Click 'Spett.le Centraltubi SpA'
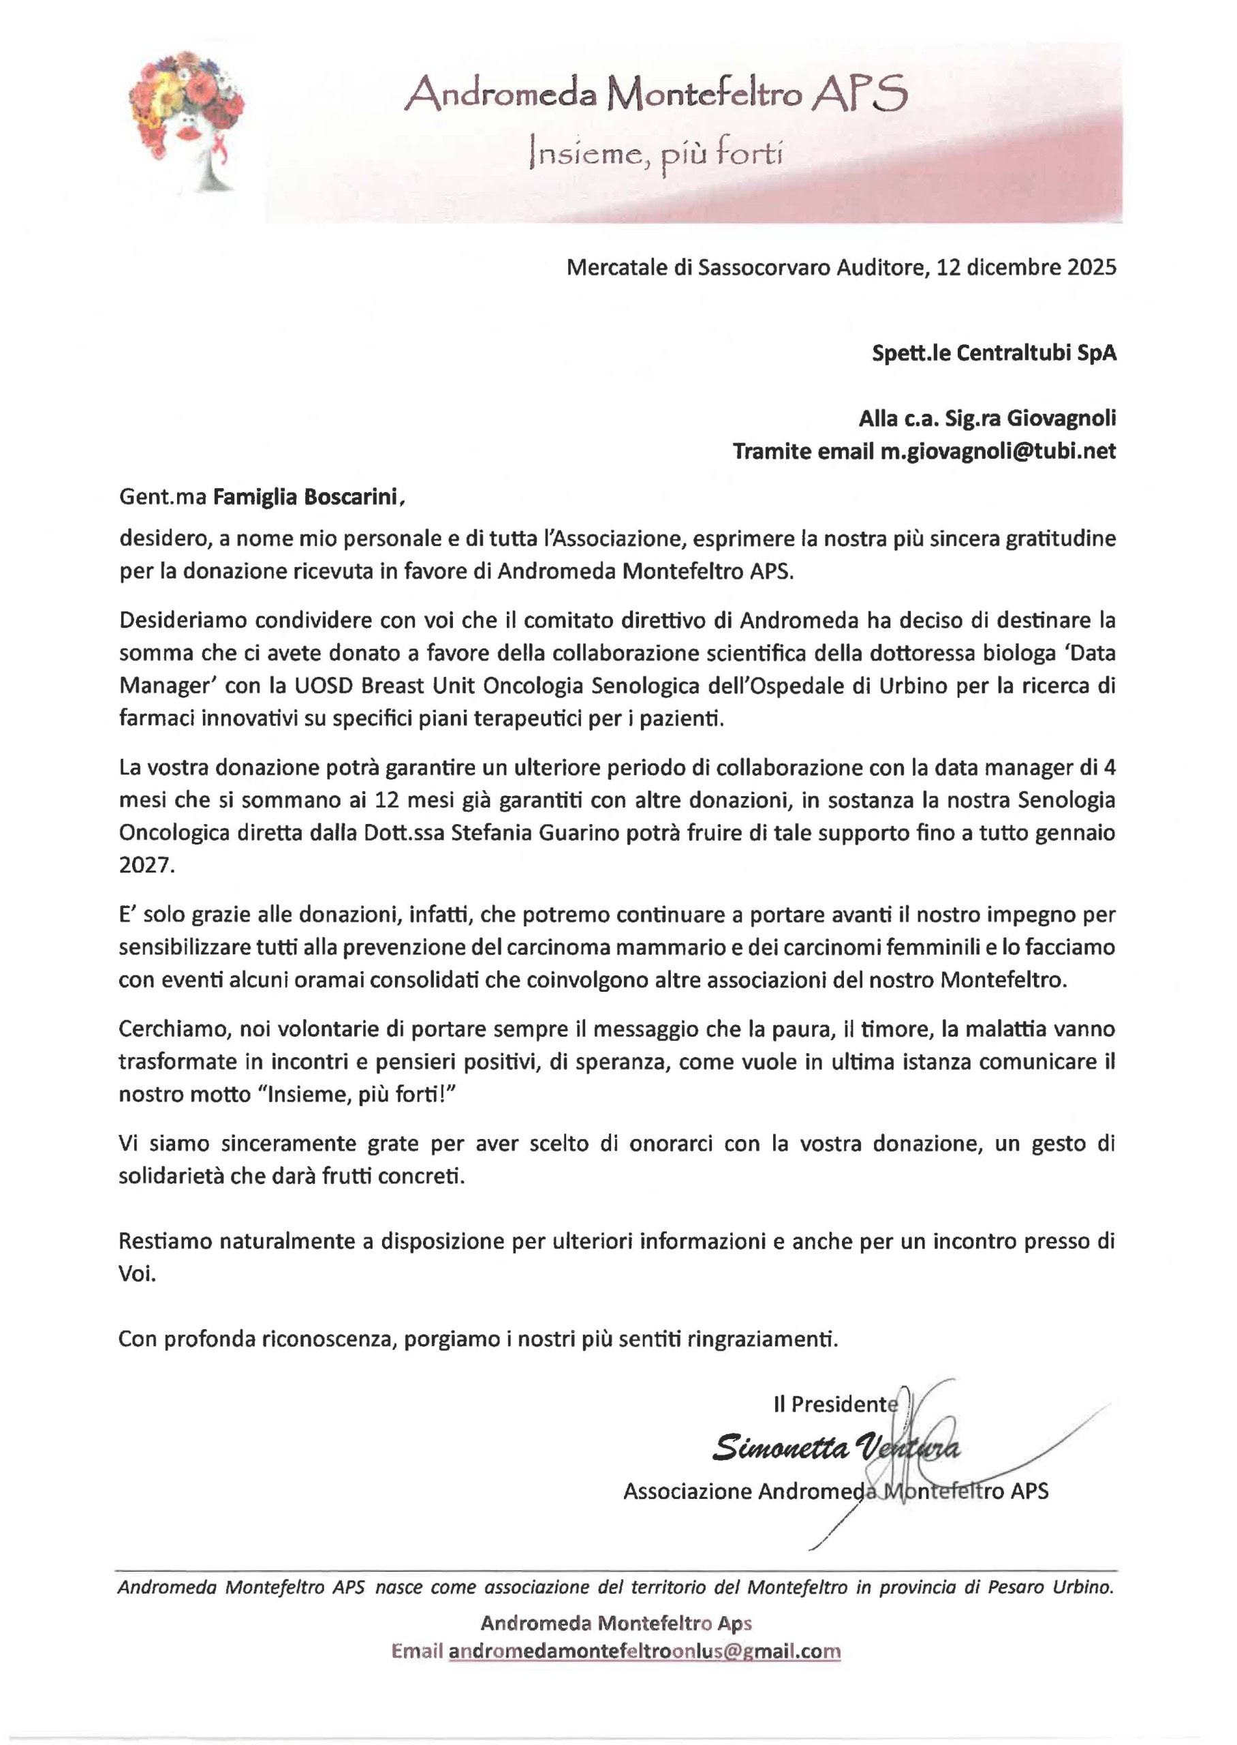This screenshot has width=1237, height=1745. (994, 354)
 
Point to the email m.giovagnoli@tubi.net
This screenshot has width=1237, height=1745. (998, 452)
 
